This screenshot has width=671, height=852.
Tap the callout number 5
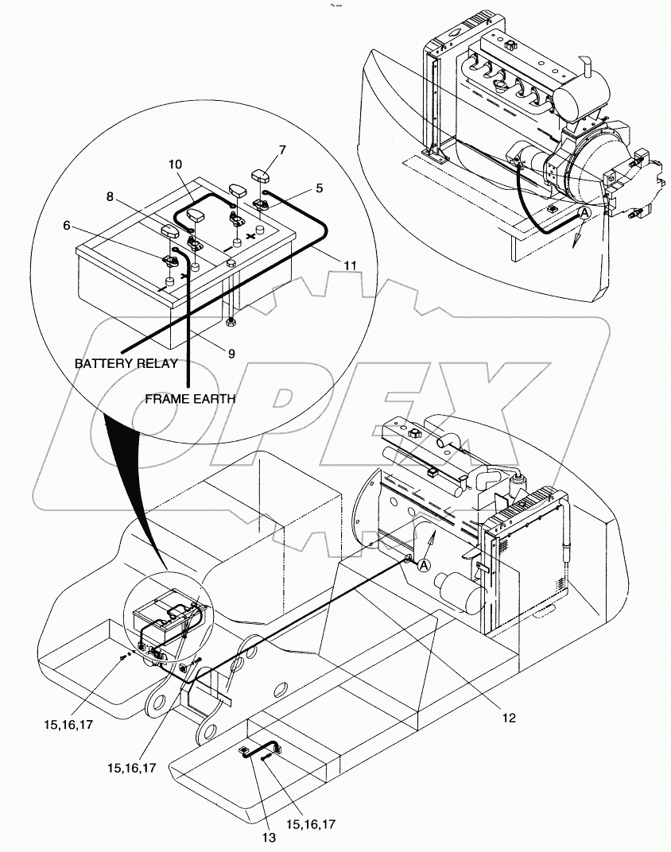pyautogui.click(x=319, y=188)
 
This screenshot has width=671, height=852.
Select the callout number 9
pyautogui.click(x=231, y=354)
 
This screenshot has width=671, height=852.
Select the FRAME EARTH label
pyautogui.click(x=189, y=399)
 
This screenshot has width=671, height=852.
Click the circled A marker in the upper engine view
pyautogui.click(x=584, y=213)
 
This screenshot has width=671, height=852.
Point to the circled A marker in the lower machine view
pyautogui.click(x=424, y=565)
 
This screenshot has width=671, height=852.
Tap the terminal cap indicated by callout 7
pyautogui.click(x=263, y=174)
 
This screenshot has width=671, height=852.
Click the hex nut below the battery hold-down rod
pyautogui.click(x=231, y=322)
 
